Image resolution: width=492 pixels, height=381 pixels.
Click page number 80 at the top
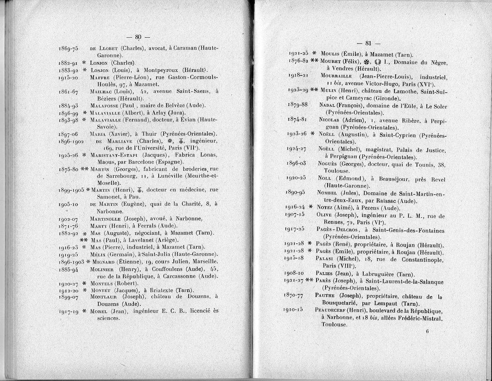click(x=138, y=37)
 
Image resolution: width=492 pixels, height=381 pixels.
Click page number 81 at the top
click(x=367, y=43)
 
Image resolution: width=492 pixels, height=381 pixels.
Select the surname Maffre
click(x=100, y=77)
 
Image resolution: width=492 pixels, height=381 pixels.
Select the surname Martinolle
click(x=106, y=219)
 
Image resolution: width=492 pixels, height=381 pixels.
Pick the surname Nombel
click(x=328, y=193)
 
